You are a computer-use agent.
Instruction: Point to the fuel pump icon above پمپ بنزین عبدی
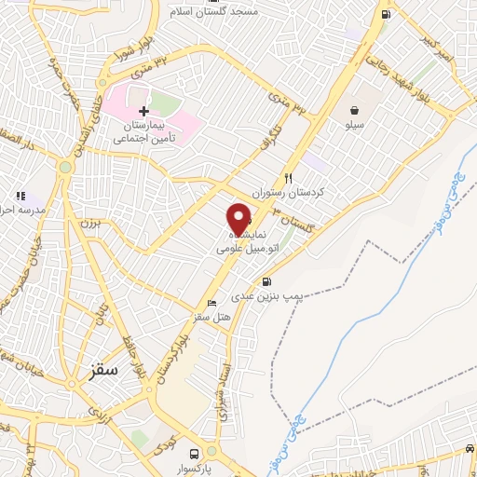pos(268,282)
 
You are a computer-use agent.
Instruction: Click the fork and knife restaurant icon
pos(289,178)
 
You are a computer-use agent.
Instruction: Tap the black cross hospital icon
pos(143,111)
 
